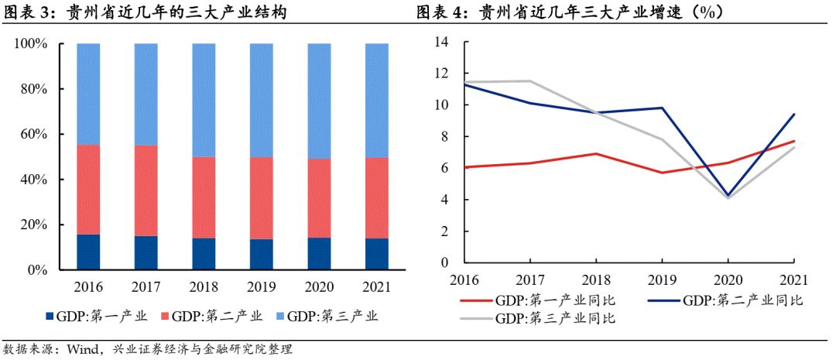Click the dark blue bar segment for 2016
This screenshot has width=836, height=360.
[88, 252]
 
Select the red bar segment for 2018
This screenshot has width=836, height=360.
[204, 197]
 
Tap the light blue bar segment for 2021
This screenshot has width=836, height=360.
[377, 100]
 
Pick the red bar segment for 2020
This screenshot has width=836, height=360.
[319, 198]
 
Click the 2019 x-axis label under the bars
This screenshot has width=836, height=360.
[262, 286]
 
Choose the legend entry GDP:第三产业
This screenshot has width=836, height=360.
[336, 316]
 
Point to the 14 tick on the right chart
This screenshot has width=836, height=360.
[443, 42]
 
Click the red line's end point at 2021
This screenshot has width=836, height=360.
[794, 141]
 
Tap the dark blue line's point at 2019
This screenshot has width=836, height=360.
[662, 108]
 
